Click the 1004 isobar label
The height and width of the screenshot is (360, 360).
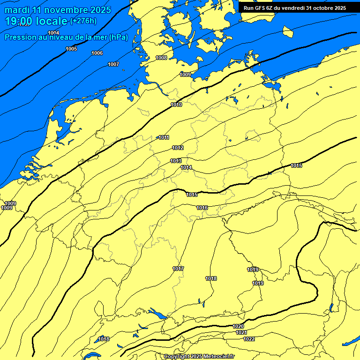53,32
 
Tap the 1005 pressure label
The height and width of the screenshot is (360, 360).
71,49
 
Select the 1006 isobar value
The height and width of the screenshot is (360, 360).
97,53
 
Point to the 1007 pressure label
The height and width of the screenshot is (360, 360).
113,64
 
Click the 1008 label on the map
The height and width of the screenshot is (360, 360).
161,58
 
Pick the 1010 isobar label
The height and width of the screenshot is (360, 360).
176,105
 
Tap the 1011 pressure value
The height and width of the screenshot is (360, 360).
164,137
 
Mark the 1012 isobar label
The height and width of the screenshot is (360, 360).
178,148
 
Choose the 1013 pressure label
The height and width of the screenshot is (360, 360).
176,161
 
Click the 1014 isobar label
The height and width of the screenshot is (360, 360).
187,167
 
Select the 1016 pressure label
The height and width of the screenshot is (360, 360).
202,208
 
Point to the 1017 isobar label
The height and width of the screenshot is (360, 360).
178,269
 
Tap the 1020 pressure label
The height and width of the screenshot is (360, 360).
238,326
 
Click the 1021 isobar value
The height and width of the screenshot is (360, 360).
241,332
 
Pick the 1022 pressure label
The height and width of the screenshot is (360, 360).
249,339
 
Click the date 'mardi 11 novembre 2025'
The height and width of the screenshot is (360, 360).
58,10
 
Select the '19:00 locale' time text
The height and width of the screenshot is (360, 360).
36,21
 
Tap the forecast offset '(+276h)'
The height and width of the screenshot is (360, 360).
83,21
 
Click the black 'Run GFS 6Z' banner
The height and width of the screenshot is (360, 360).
295,7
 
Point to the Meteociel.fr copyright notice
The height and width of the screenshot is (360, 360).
199,356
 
